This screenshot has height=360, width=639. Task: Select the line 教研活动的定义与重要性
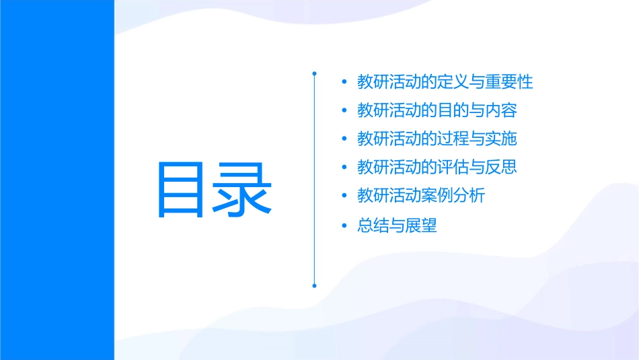pyautogui.click(x=445, y=82)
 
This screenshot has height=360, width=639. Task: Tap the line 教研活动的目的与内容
pyautogui.click(x=437, y=110)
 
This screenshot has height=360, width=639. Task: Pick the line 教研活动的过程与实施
pyautogui.click(x=437, y=139)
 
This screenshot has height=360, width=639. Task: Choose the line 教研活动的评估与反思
pyautogui.click(x=437, y=167)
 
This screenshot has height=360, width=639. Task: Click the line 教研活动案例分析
pyautogui.click(x=421, y=196)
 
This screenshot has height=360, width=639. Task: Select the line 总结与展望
pyautogui.click(x=397, y=225)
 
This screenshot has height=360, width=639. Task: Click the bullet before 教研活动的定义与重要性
pyautogui.click(x=344, y=83)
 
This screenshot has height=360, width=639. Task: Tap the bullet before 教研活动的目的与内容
pyautogui.click(x=344, y=111)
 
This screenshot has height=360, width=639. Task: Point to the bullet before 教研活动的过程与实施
pyautogui.click(x=344, y=139)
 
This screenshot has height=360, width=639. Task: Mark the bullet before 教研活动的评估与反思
pyautogui.click(x=344, y=168)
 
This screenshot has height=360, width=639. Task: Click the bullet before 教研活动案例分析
pyautogui.click(x=344, y=196)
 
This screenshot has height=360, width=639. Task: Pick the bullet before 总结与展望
pyautogui.click(x=344, y=226)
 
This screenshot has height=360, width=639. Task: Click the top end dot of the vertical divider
pyautogui.click(x=314, y=72)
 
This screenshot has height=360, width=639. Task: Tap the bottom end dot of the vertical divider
pyautogui.click(x=314, y=285)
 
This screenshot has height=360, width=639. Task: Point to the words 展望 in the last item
pyautogui.click(x=421, y=225)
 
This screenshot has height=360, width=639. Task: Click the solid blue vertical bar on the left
pyautogui.click(x=57, y=180)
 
